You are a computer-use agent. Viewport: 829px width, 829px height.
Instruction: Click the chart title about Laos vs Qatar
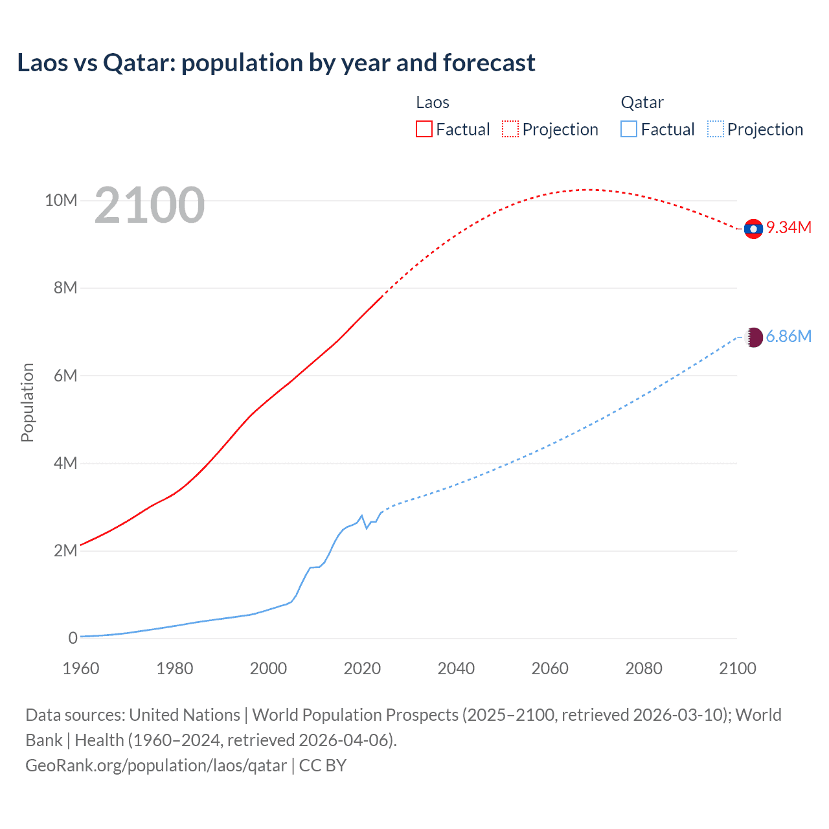[x=276, y=63]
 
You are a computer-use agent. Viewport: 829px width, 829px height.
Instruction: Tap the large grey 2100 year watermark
[x=150, y=205]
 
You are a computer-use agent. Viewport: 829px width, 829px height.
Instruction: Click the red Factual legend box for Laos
[x=424, y=129]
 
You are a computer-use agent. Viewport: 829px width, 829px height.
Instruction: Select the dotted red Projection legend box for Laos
[x=510, y=129]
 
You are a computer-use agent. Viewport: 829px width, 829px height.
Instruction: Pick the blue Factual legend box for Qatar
[x=629, y=129]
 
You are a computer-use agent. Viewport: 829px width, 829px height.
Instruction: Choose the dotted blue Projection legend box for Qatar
[x=715, y=129]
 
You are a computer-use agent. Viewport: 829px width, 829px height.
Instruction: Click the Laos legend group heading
[x=433, y=102]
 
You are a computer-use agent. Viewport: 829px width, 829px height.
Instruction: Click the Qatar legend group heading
[x=642, y=102]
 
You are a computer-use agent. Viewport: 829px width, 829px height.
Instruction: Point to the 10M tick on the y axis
[x=61, y=200]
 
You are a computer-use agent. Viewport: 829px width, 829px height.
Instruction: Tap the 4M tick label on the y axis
[x=65, y=463]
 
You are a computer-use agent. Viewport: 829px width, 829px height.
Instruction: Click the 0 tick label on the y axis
[x=73, y=638]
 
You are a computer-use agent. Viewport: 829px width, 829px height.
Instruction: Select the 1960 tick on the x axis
[x=81, y=668]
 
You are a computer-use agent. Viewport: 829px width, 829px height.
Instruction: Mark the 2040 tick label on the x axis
[x=456, y=668]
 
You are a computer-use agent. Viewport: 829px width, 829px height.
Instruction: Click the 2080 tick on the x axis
[x=644, y=668]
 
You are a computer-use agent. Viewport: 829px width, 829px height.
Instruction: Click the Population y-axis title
[x=27, y=402]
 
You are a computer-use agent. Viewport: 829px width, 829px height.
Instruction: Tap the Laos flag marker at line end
[x=753, y=229]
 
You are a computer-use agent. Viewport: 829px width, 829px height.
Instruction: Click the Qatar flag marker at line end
[x=753, y=337]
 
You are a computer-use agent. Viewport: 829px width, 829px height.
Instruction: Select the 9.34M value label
[x=789, y=227]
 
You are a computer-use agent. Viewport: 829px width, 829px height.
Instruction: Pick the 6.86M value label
[x=788, y=336]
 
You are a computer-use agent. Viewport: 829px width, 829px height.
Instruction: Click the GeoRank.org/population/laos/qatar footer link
[x=156, y=766]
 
